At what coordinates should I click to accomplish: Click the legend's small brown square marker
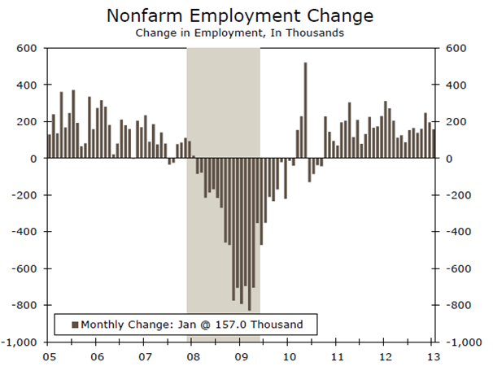[x=76, y=325]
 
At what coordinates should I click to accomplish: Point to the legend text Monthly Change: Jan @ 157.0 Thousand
[x=191, y=325]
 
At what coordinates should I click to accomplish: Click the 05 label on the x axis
[x=49, y=356]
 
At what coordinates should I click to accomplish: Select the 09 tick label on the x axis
[x=242, y=356]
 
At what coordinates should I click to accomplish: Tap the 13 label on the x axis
[x=434, y=356]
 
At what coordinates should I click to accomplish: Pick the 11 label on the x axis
[x=338, y=356]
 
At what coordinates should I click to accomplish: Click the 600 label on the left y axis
[x=30, y=48]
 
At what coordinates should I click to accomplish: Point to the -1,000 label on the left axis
[x=24, y=342]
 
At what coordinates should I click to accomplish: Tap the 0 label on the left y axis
[x=37, y=159]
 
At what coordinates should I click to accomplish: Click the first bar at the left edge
[x=50, y=146]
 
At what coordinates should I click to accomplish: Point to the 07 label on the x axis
[x=145, y=356]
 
